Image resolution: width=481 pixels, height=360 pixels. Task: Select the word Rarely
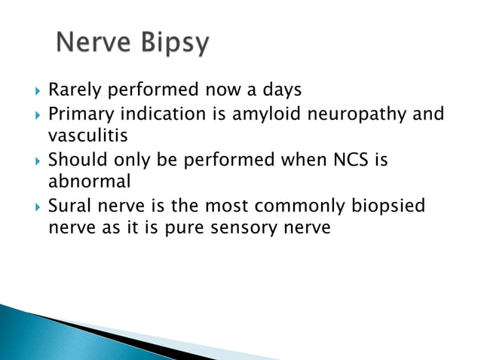pyautogui.click(x=75, y=90)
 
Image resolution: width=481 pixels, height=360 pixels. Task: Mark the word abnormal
pyautogui.click(x=85, y=182)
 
